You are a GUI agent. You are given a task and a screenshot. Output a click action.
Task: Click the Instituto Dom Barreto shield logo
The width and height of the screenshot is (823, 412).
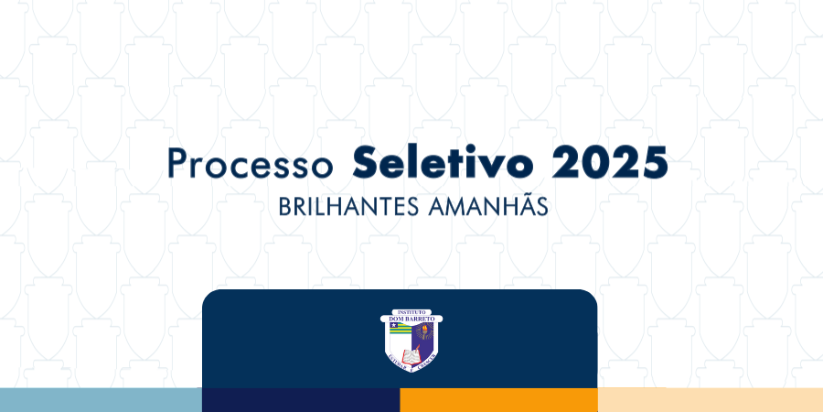pyautogui.click(x=411, y=339)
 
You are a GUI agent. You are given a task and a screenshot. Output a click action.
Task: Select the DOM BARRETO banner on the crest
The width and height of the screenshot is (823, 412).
pyautogui.click(x=411, y=319)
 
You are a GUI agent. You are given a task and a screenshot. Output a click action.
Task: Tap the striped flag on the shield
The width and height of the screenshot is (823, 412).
pyautogui.click(x=400, y=329)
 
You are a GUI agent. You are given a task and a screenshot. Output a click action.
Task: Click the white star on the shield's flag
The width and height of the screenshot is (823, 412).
pyautogui.click(x=393, y=326)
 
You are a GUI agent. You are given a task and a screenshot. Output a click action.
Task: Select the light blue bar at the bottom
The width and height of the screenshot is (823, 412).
pyautogui.click(x=101, y=400)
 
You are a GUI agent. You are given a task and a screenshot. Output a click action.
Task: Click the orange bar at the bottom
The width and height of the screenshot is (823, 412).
pyautogui.click(x=498, y=400)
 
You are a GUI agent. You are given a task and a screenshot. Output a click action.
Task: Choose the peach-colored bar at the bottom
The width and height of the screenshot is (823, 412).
pyautogui.click(x=710, y=400)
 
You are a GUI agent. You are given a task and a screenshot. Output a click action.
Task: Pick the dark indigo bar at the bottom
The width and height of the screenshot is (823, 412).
pyautogui.click(x=301, y=400)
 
